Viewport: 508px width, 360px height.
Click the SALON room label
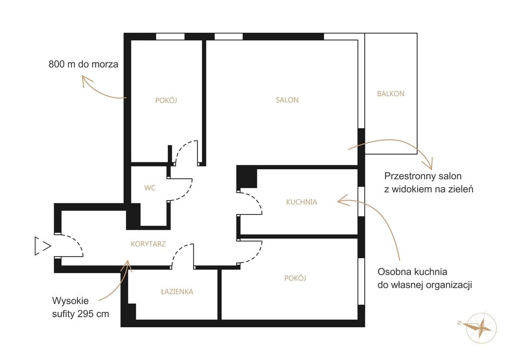pyautogui.click(x=287, y=100)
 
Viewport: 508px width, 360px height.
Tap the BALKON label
pyautogui.click(x=391, y=94)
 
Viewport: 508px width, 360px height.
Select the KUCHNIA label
pyautogui.click(x=302, y=202)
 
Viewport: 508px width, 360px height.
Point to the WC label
pyautogui.click(x=150, y=188)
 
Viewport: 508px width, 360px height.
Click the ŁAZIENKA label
pyautogui.click(x=177, y=291)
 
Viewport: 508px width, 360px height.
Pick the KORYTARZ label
pyautogui.click(x=148, y=244)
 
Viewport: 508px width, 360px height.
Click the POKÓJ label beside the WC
pyautogui.click(x=166, y=100)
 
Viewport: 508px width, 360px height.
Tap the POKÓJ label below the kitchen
pyautogui.click(x=295, y=278)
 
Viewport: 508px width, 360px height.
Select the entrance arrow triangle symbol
pyautogui.click(x=43, y=246)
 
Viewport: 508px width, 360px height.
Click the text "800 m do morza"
pyautogui.click(x=83, y=64)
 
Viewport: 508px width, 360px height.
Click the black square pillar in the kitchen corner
pyautogui.click(x=247, y=177)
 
